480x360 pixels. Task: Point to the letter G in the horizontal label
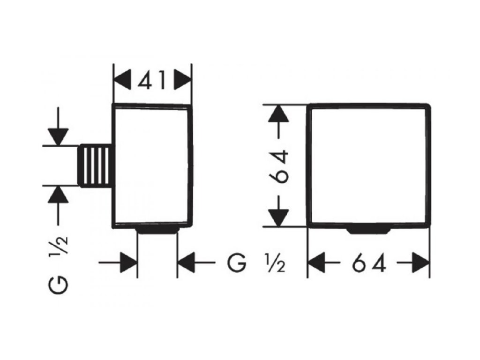237,263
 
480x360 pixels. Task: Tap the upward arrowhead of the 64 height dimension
278,113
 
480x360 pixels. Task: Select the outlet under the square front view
369,230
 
